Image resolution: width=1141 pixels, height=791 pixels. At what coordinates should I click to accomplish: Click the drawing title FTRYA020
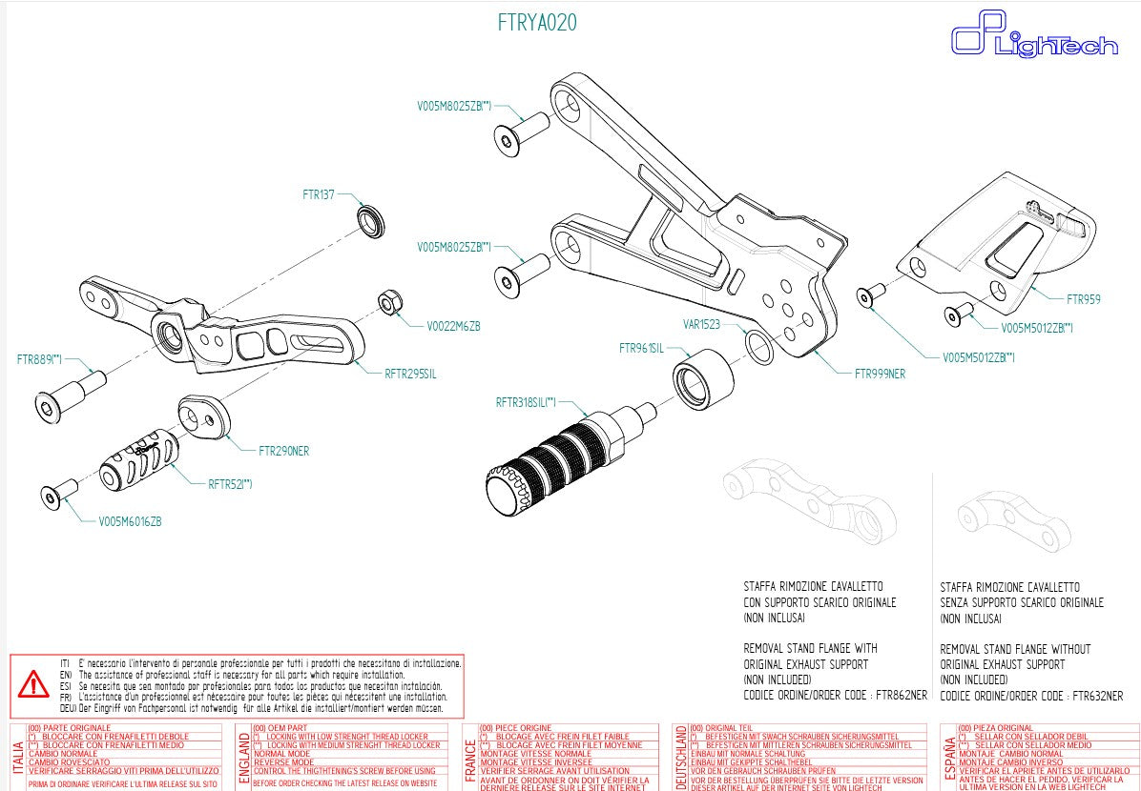pos(537,23)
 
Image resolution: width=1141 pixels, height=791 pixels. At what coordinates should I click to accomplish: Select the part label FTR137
pos(319,195)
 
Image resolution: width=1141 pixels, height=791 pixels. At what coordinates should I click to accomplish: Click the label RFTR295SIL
pos(410,375)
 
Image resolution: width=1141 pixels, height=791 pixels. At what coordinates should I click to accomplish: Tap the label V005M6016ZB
pos(130,522)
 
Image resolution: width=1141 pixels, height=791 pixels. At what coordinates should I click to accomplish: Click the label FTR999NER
pos(880,375)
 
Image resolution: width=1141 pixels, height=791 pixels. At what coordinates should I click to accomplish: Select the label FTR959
pos(1083,299)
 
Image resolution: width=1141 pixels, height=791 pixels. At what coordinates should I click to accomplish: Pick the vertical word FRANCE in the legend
pos(469,759)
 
